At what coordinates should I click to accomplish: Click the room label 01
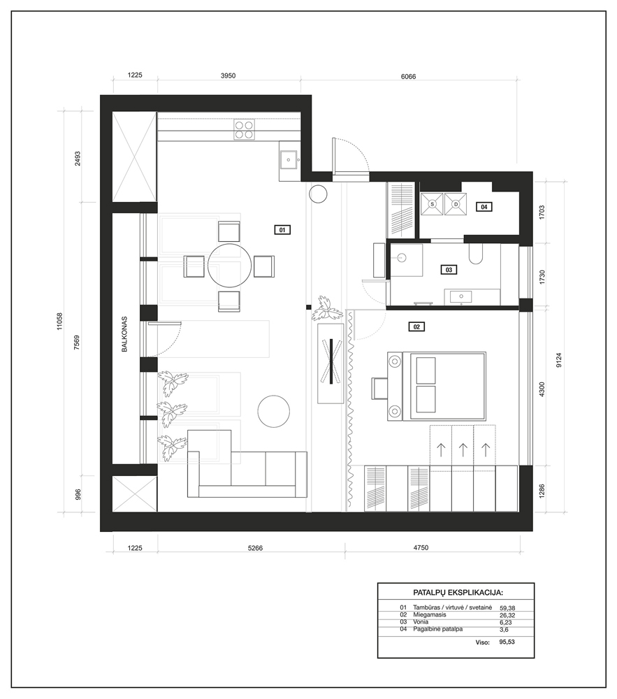point(282,230)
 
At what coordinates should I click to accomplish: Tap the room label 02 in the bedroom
point(416,326)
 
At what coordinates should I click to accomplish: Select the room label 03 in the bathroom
point(449,270)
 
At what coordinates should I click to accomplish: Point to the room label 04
point(484,207)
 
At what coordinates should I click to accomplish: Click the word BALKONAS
point(125,334)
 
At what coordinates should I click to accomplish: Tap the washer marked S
point(432,204)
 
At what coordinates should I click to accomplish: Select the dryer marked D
point(456,204)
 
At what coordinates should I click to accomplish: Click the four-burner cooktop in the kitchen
point(244,130)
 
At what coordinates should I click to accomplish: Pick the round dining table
point(230,266)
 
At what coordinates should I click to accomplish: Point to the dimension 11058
point(59,321)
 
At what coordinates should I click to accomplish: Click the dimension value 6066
point(408,77)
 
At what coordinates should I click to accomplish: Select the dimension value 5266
point(255,548)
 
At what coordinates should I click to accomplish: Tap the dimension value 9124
point(559,360)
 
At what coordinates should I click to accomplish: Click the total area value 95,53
point(507,642)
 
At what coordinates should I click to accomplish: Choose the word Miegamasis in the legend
point(430,614)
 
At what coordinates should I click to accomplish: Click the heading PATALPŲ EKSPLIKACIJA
point(458,593)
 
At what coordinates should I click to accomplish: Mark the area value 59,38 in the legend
point(507,608)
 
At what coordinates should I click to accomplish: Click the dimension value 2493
point(78,159)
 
